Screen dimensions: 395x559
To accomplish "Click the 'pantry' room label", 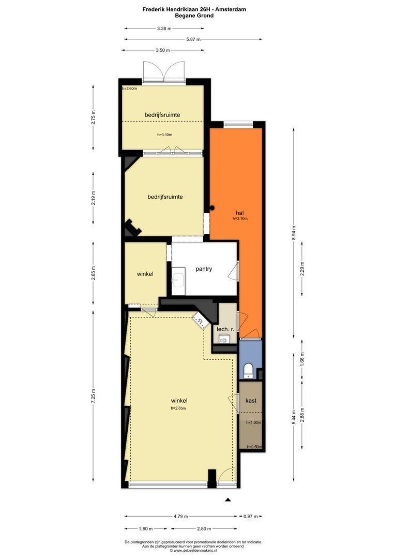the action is coord(204,269).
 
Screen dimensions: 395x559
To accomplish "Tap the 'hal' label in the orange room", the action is coord(240,213).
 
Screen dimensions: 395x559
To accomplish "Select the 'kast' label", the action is coord(251,400).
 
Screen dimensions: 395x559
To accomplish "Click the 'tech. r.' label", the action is coord(225,329).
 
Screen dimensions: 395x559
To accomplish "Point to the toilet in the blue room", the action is coord(248,371).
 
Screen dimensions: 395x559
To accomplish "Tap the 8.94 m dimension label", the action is coord(294,233).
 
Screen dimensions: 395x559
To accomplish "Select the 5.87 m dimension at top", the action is coord(193,39).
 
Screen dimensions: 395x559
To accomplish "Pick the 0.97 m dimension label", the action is coord(251,516).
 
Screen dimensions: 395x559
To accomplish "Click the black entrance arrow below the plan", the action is coord(228,499).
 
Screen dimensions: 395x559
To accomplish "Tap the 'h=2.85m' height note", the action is coord(178,408).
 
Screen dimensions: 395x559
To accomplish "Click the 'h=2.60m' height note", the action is coord(129,89).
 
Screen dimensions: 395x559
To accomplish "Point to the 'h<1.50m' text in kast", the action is coord(254,422).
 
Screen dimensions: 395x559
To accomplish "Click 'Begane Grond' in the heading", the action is coord(194,16).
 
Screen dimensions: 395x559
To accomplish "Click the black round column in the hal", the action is coord(212,208).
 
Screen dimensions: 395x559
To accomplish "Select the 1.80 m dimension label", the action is coord(145,528).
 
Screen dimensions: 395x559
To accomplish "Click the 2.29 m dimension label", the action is coord(302,269).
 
